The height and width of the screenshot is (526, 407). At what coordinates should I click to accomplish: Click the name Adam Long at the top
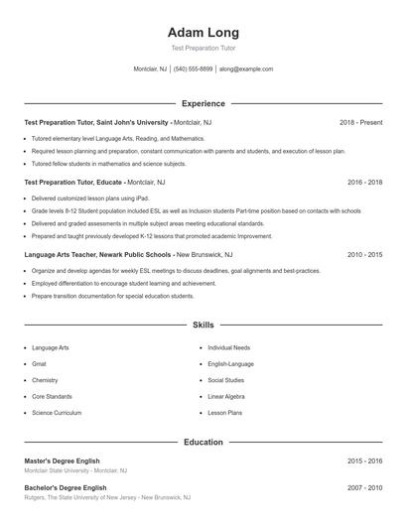pos(203,33)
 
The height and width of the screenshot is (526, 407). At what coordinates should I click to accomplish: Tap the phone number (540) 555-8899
pos(193,69)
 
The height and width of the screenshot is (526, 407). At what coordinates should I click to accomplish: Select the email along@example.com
pos(246,69)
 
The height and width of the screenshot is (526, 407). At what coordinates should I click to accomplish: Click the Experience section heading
pos(203,103)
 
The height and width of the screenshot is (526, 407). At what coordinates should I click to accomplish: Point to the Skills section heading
pos(203,325)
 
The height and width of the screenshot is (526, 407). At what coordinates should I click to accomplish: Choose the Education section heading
pos(203,442)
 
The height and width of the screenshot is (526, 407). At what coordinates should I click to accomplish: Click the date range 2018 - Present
pos(360,122)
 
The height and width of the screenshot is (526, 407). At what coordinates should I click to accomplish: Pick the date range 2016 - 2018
pos(364,183)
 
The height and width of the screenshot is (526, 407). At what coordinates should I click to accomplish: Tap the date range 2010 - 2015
pos(364,254)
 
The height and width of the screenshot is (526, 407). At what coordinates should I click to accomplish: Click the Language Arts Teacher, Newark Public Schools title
pos(99,254)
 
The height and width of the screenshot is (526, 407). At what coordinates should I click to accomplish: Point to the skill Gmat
pos(40,364)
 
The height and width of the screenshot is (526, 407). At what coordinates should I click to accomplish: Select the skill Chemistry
pos(45,380)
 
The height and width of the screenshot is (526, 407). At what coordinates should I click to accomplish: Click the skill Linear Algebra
pos(226,396)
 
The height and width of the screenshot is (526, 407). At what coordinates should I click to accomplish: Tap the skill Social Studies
pos(225,380)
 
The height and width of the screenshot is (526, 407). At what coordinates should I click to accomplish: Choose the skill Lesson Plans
pos(224,412)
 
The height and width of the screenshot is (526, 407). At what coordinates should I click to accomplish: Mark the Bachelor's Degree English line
pos(66,488)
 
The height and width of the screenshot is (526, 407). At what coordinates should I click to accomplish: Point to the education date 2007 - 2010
pos(364,488)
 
